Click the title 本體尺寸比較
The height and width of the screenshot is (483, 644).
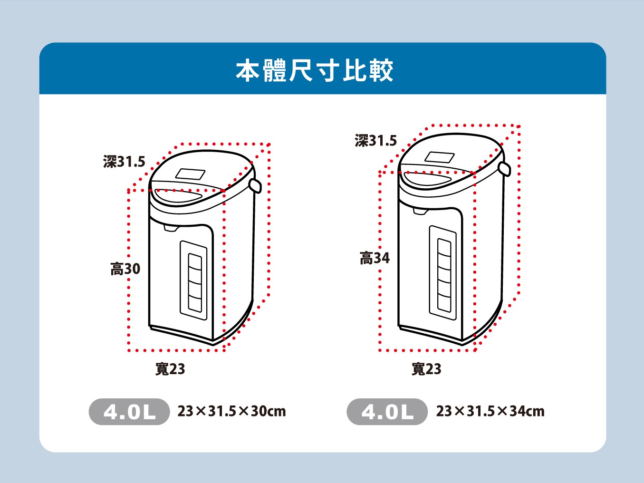[x=315, y=70]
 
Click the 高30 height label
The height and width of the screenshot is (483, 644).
[x=125, y=269]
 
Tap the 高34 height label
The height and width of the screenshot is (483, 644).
[x=375, y=258]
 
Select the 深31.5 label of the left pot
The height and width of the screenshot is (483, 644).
[x=124, y=162]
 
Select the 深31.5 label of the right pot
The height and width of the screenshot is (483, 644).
[x=375, y=141]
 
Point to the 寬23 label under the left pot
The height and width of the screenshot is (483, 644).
[x=170, y=369]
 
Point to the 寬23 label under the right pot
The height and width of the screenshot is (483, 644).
[x=426, y=369]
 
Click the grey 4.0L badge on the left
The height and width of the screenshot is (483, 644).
[x=129, y=412]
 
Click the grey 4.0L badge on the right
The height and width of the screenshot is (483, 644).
[x=387, y=412]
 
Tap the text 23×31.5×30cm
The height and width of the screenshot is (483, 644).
[x=232, y=411]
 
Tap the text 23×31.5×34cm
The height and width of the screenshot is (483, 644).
[x=490, y=411]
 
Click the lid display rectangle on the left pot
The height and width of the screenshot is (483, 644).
[x=190, y=174]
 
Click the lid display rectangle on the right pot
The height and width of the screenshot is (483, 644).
[x=440, y=157]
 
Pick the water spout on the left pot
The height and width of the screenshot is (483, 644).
[x=171, y=228]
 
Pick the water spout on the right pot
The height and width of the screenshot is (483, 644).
[x=420, y=211]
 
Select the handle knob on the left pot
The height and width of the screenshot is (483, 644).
[x=255, y=185]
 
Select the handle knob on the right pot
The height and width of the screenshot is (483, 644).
[x=505, y=168]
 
